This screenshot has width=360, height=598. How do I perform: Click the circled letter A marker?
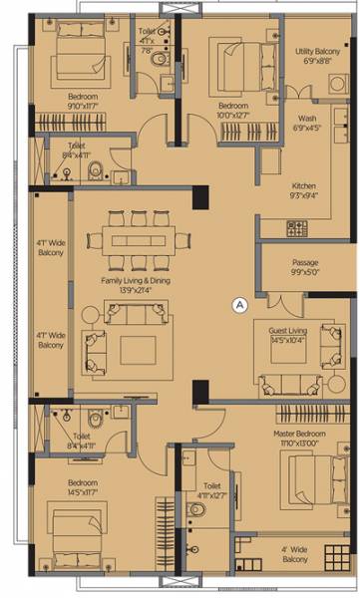point(237,306)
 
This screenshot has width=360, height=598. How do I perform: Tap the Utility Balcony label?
point(317,50)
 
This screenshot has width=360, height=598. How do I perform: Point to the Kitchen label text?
point(304,186)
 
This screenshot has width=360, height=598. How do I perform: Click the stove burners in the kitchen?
point(296,228)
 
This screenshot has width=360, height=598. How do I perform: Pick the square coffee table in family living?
point(138,350)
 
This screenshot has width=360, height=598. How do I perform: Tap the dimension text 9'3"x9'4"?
point(304,196)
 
